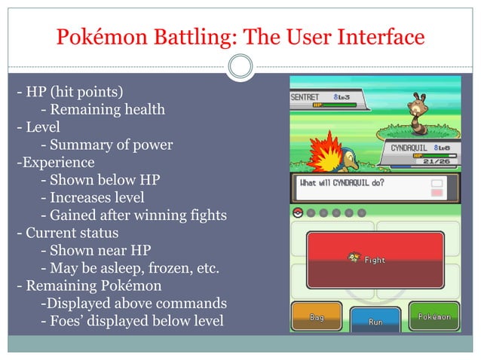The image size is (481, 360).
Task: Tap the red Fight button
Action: [x=375, y=259]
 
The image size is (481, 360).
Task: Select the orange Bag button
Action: [x=317, y=317]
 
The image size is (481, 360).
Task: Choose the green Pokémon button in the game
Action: [x=434, y=316]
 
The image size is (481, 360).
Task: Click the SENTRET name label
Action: [x=307, y=98]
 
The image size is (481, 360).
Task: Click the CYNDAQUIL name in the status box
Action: [x=408, y=148]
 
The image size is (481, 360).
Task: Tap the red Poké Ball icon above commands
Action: [x=298, y=213]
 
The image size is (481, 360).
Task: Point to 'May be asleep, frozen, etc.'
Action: [x=130, y=267]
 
